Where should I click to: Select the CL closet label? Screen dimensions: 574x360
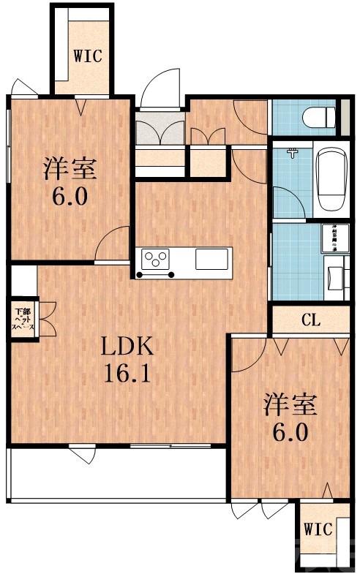[x=310, y=319]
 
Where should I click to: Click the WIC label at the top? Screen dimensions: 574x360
[x=87, y=56]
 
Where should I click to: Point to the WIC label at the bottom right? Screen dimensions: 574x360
[x=318, y=529]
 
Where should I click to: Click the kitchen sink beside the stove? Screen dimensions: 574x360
[x=213, y=258]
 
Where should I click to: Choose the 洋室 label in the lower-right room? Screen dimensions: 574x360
[x=290, y=404]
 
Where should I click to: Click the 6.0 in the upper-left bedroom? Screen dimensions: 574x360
[x=69, y=198]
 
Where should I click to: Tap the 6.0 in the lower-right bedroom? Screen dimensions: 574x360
[x=290, y=431]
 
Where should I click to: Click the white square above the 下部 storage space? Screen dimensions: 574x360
[x=23, y=279]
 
